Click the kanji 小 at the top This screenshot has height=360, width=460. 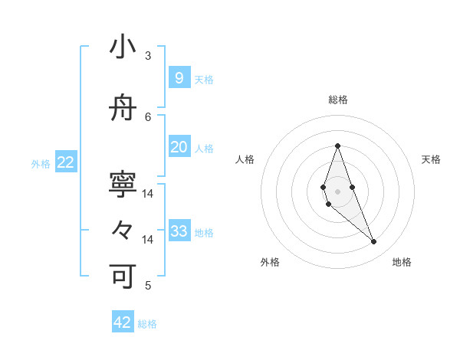coord(123,47)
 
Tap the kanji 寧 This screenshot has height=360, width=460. coord(123,184)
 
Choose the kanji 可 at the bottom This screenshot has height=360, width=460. coord(123,275)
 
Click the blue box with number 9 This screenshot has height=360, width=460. coord(179,77)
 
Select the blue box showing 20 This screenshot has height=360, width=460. coord(179,146)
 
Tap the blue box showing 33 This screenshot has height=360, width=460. coord(179,231)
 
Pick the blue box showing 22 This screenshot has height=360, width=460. coord(66,162)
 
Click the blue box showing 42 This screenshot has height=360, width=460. coord(123,322)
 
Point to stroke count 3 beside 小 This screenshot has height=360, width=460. coord(148,55)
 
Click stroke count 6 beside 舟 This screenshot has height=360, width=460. coord(148,116)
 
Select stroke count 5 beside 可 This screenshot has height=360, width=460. coord(148,285)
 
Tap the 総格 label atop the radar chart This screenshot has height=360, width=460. coord(337,100)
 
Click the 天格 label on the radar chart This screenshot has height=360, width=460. coord(431,159)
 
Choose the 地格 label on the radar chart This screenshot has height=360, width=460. coord(402,262)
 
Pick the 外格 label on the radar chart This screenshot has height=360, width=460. coord(270,262)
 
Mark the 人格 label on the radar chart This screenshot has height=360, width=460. coord(245,159)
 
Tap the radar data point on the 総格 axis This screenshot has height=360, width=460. coord(337,146)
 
